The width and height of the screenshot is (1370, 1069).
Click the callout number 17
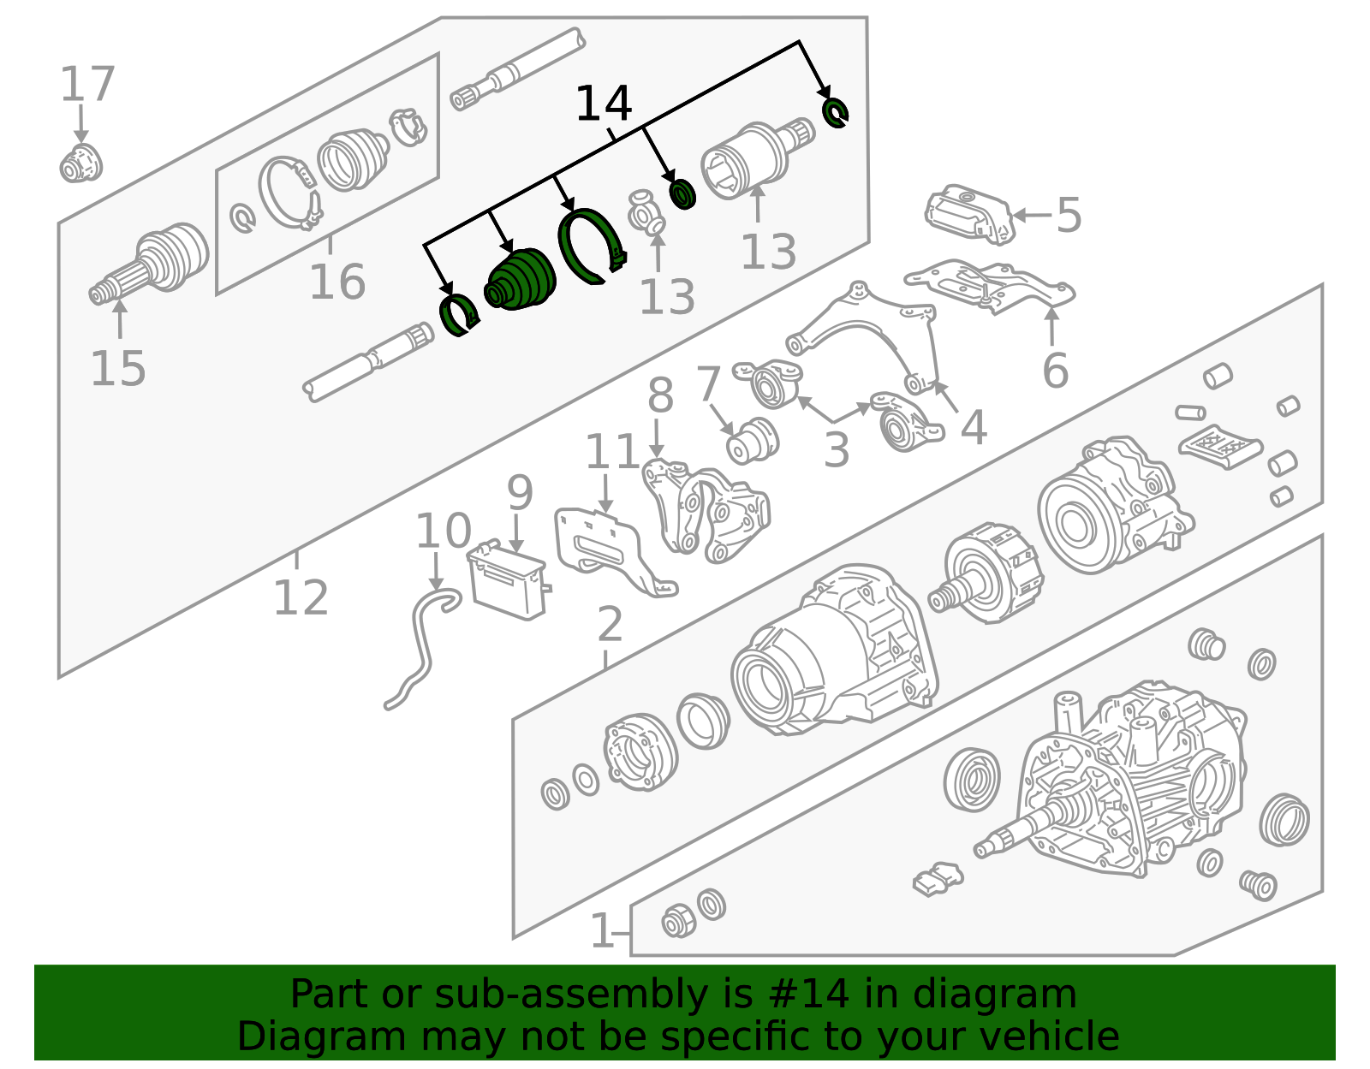coord(87,84)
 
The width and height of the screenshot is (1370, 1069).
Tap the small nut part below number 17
coord(80,163)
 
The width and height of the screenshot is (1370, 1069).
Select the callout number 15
coord(118,369)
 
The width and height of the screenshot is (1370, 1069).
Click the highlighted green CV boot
coord(520,280)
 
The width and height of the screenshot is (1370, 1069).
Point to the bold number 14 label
coord(604,104)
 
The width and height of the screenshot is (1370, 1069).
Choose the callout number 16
coord(337,282)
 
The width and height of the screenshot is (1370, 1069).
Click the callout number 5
coord(1069,216)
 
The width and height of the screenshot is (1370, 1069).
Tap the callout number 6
coord(1056,371)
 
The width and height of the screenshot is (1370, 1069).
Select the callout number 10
coord(444,531)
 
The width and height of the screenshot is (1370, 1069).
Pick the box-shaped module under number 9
coord(508,579)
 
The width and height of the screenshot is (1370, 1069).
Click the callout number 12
coord(301,597)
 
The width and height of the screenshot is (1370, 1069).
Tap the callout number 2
coord(610,624)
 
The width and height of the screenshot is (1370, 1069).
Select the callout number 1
coord(602,930)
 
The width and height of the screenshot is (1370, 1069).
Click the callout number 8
coord(660,395)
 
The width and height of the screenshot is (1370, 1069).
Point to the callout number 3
coord(836,450)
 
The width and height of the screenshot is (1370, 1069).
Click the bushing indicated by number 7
coord(753,441)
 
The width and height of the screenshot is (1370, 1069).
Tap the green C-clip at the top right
coord(836,113)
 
